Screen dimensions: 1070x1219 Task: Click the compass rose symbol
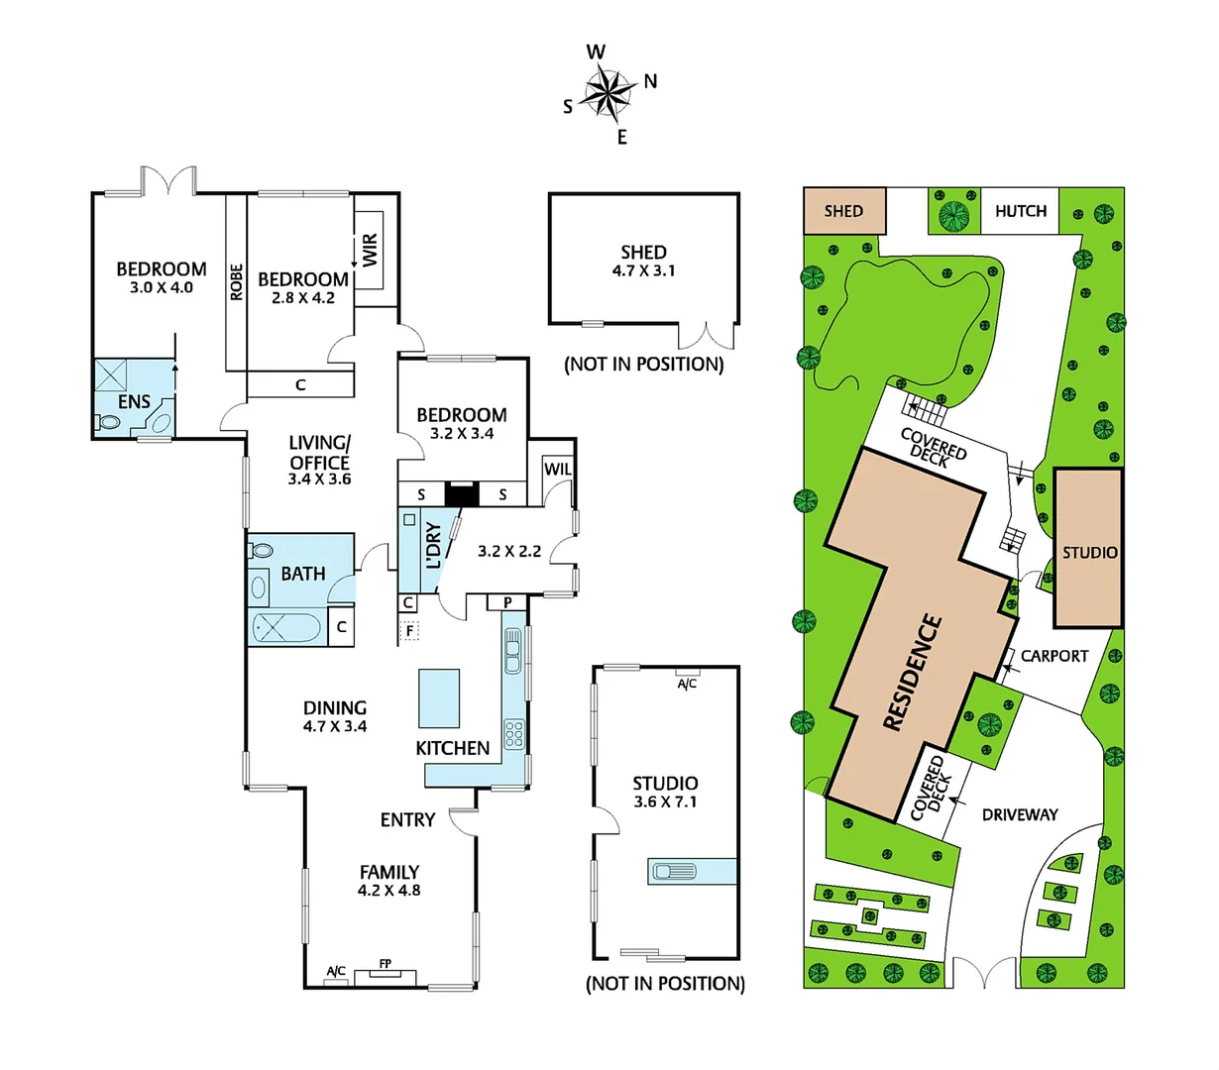[x=608, y=95]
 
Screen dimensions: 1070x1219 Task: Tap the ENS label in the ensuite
[x=134, y=401]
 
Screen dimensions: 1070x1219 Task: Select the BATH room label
[x=302, y=574]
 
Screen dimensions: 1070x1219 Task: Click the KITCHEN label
[x=452, y=748]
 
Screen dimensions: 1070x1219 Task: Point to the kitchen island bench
[x=440, y=697]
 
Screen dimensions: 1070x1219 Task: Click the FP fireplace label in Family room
[x=385, y=963]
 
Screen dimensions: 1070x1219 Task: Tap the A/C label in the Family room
[x=336, y=971]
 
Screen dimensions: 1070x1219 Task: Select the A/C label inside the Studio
[x=687, y=684]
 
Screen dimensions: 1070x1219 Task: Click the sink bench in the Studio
[x=692, y=872]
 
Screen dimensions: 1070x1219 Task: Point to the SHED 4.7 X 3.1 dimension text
[x=644, y=270]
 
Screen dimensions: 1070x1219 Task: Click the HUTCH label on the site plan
[x=1020, y=211]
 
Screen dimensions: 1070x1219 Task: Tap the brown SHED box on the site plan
[x=843, y=211]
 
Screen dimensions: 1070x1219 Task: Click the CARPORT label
[x=1054, y=656]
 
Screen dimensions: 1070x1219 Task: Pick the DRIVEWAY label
[x=1020, y=814]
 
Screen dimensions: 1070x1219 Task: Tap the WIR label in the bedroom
[x=370, y=249]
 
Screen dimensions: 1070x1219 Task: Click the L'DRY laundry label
[x=433, y=546]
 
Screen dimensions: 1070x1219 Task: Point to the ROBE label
[x=236, y=281]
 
